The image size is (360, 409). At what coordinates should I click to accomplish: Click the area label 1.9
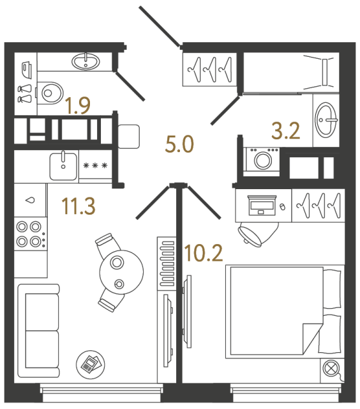pos(77,106)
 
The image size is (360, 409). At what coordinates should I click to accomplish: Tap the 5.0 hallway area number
pos(179,145)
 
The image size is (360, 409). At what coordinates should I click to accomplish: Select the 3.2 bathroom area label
pos(287,132)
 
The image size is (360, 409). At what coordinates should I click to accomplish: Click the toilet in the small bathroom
pos(51,92)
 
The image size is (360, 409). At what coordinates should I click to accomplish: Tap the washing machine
pos(262,159)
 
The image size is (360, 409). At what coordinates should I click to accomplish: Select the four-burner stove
pos(29,233)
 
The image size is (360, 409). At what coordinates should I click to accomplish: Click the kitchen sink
pos(63,166)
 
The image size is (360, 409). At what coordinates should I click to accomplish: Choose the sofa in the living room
pos(38,332)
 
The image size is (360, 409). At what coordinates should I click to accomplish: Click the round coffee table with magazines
pos(89,364)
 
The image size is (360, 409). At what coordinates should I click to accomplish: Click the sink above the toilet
pos(84,62)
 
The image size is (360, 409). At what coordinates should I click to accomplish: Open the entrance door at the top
pos(160,26)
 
